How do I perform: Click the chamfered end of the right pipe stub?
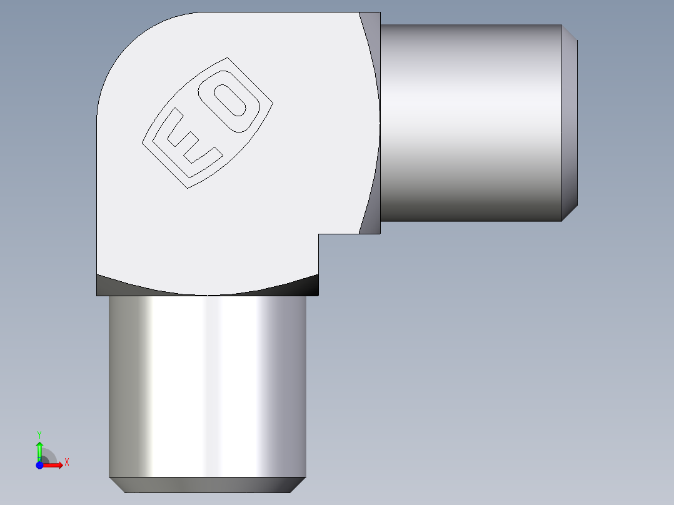coord(569,122)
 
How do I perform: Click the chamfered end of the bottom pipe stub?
coord(207,485)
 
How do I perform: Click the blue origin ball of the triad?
coord(39,465)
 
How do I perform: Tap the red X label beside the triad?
coord(67,462)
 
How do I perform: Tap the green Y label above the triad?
coord(39,434)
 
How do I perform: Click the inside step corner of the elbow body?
coord(319,234)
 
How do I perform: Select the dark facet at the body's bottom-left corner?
coord(109,286)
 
